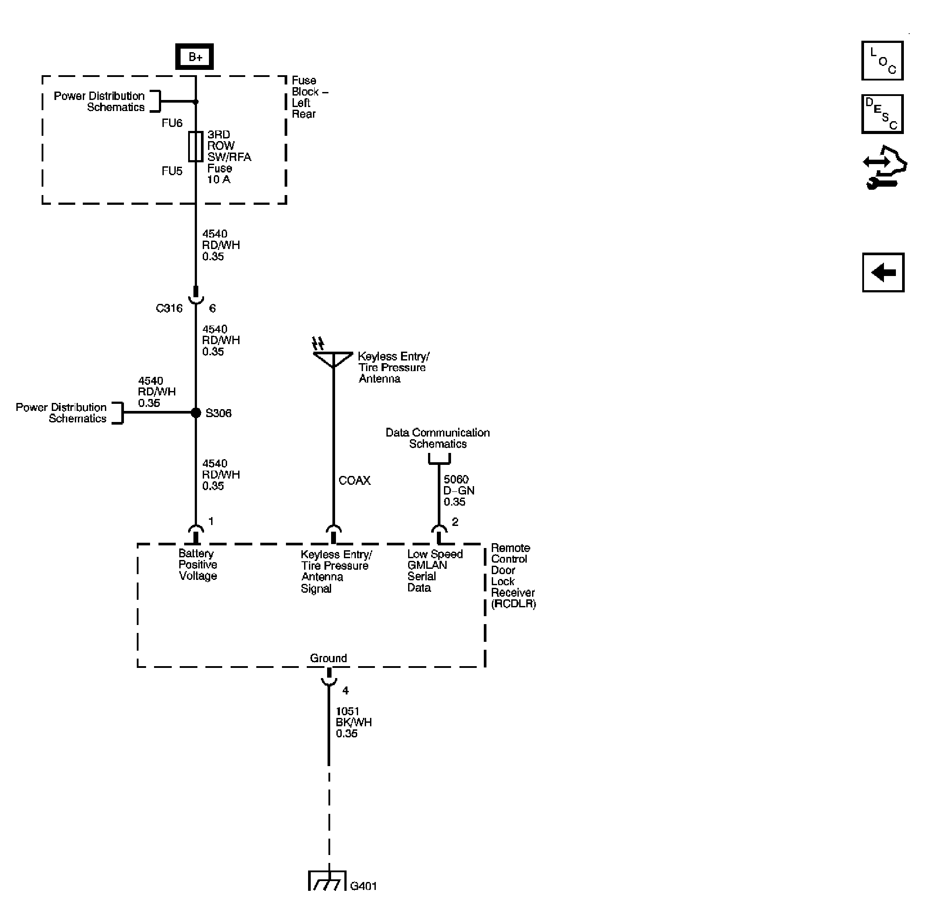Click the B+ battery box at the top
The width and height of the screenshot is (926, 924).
194,57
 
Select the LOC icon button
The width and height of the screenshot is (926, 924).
882,61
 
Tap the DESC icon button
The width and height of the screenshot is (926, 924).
882,114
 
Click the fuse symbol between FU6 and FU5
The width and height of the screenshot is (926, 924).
196,146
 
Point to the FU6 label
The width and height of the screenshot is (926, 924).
172,123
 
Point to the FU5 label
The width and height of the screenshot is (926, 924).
172,171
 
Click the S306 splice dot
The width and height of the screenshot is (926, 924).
196,412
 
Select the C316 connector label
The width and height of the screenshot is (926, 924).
169,308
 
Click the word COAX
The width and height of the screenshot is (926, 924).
354,480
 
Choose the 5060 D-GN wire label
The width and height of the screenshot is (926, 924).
458,491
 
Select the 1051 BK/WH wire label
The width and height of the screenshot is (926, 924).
353,722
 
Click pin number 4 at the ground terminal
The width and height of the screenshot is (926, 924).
345,690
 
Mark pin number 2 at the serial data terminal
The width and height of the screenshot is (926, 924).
455,521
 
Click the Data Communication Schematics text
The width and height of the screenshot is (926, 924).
437,438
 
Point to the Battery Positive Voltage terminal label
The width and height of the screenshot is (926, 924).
197,565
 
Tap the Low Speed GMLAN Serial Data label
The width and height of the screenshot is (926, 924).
434,571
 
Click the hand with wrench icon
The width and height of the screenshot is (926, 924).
884,168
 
